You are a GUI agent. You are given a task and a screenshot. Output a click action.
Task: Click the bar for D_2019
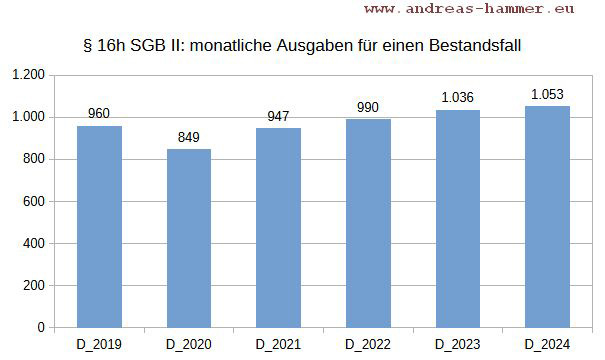99,227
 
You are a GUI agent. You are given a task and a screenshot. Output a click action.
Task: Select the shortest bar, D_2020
189,238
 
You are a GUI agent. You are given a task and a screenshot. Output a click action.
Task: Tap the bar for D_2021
278,228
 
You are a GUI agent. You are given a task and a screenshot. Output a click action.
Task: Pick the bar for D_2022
368,223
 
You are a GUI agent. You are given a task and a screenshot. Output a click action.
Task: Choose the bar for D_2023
458,219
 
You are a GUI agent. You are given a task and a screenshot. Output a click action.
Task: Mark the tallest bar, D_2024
547,217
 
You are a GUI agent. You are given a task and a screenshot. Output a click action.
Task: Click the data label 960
99,114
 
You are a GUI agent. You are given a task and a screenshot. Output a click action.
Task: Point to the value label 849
189,137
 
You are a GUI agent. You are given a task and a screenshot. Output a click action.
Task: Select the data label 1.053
547,94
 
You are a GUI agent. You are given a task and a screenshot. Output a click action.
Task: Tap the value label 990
368,107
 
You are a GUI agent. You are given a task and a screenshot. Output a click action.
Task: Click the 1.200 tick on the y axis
28,76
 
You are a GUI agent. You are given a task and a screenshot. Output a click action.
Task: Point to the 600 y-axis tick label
34,202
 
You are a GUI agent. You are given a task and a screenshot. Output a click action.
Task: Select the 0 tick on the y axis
41,328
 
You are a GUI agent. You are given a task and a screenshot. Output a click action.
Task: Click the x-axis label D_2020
189,345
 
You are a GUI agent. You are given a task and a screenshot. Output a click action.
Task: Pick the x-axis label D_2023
458,345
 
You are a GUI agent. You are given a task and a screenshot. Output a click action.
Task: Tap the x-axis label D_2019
99,345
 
